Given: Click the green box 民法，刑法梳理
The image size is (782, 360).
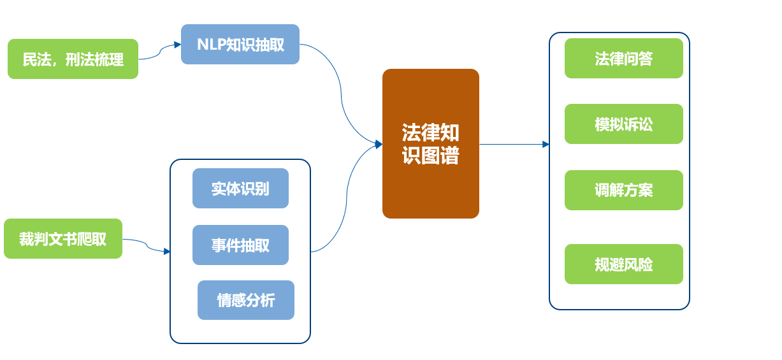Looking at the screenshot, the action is [73, 59].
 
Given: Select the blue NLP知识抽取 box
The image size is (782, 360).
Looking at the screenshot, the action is [240, 45].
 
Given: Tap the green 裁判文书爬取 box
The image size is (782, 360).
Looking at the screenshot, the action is [63, 239].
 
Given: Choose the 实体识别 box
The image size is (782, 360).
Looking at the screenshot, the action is [240, 189].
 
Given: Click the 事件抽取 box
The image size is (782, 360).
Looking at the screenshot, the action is [240, 245].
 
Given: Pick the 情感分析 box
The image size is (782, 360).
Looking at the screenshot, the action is [246, 300].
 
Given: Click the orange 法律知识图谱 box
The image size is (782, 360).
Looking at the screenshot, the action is [431, 144].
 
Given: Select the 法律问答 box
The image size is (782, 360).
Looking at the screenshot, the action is [624, 59].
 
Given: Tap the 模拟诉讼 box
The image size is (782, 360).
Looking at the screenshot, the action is [624, 124].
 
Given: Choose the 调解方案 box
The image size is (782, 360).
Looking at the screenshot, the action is [624, 191].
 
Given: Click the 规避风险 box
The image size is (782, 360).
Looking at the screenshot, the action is [624, 264].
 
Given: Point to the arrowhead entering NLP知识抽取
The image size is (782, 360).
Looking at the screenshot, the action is [178, 45].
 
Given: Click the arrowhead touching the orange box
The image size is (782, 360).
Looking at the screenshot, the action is [379, 144].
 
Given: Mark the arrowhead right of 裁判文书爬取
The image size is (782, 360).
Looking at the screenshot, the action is [167, 252].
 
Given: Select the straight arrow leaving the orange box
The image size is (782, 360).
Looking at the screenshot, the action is [514, 144].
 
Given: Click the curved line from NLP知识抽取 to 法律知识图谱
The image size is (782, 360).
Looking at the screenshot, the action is [341, 94].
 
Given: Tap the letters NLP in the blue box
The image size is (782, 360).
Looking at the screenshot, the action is [211, 45].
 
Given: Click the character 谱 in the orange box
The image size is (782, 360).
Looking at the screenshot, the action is [450, 155].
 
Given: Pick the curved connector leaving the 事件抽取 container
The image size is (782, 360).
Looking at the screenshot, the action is [346, 199].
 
